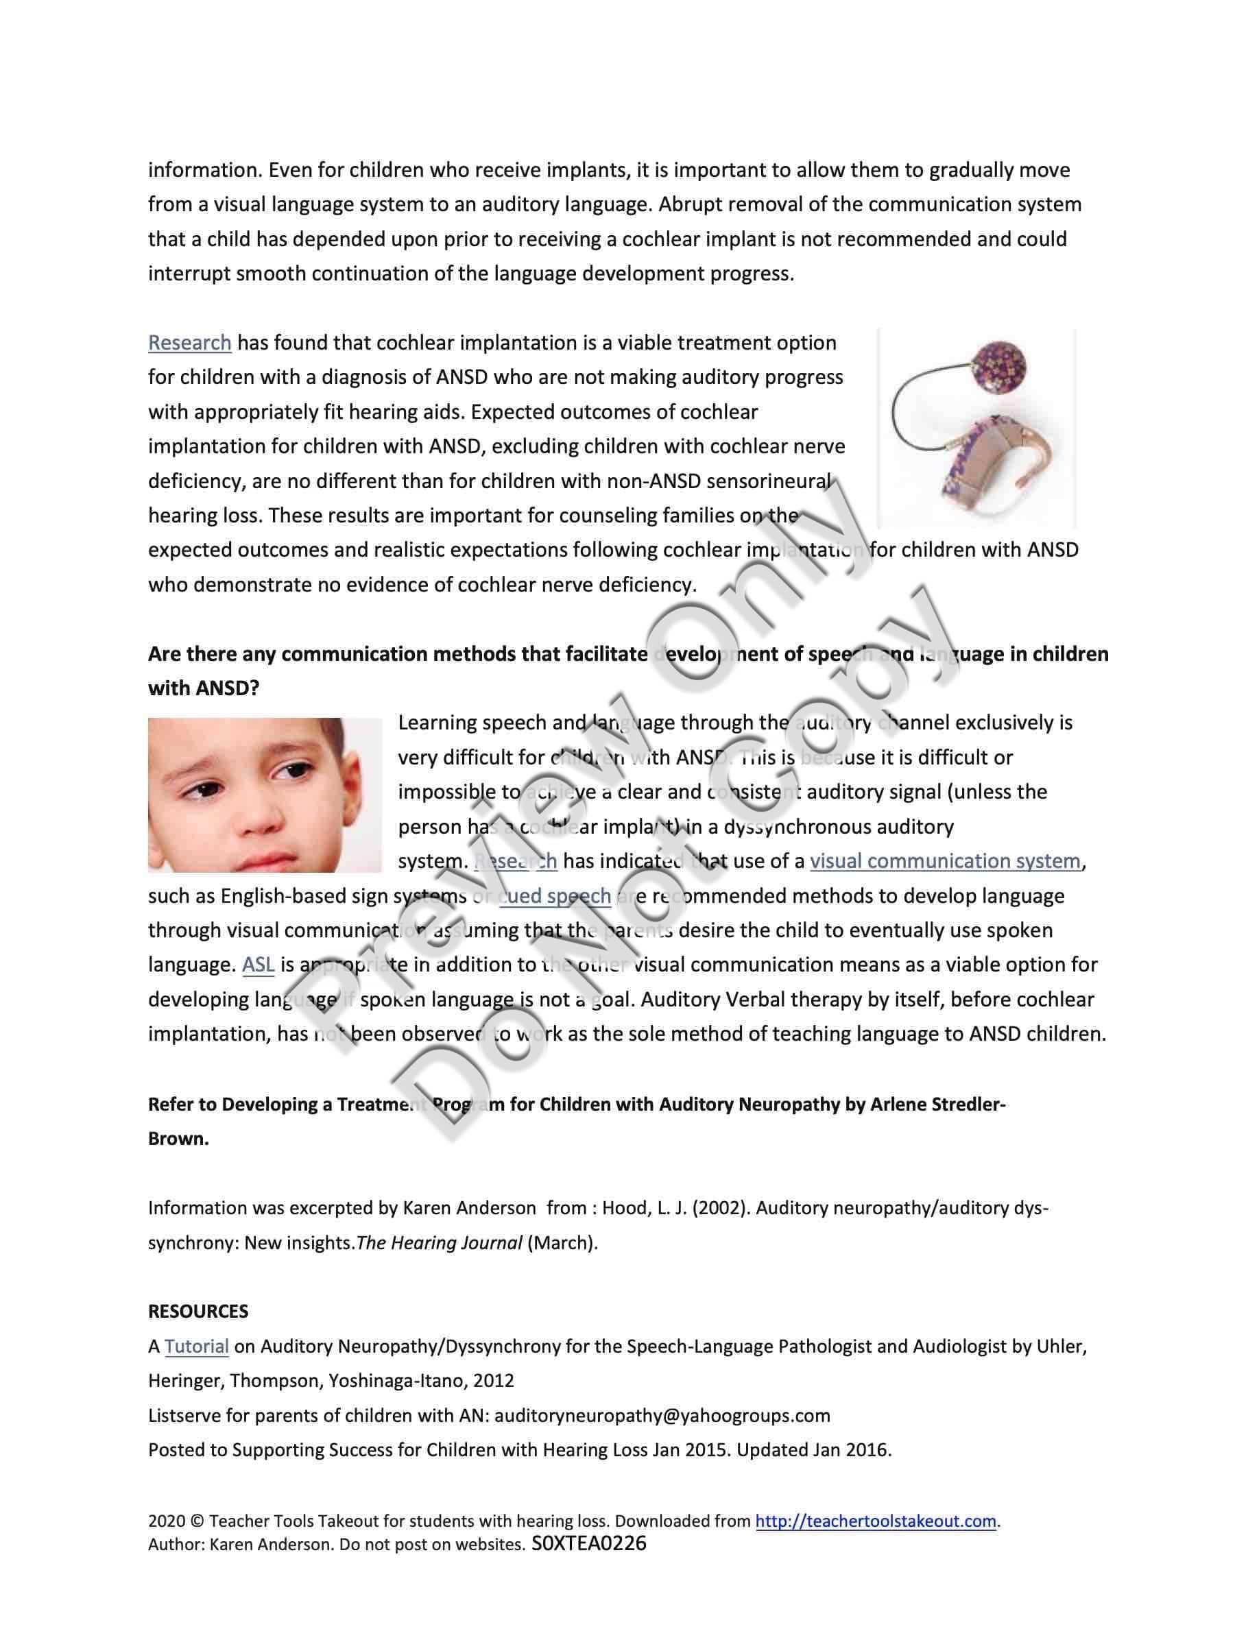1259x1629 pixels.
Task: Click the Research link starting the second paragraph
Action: coord(189,343)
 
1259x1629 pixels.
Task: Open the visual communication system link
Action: coord(945,862)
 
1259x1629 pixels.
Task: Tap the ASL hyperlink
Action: coord(258,965)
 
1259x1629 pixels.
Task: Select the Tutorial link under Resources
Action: coord(196,1347)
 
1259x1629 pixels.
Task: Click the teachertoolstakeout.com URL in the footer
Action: coord(876,1521)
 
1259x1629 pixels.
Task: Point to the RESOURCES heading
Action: coord(197,1312)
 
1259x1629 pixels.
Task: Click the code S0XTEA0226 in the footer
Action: coord(589,1544)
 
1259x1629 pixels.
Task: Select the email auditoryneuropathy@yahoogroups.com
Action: coord(662,1416)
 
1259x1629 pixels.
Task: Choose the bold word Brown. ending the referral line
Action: coord(178,1139)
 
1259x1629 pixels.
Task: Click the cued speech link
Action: coord(555,896)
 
